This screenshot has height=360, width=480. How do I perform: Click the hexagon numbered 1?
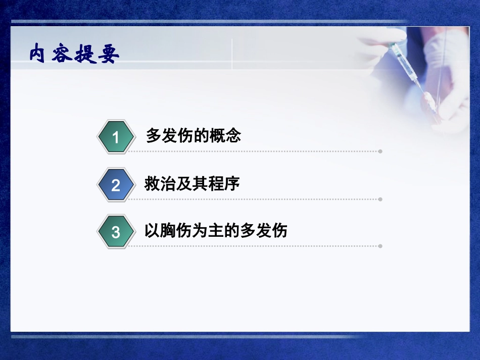pos(116,137)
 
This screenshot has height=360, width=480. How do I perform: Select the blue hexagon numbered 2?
pos(116,185)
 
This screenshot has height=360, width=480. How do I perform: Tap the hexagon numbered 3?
pos(116,232)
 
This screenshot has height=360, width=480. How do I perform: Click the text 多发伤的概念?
pos(193,135)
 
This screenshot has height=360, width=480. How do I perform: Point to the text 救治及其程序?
pos(192,183)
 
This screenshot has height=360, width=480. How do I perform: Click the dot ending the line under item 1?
pos(380,151)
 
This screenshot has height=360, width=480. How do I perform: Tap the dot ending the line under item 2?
pos(380,199)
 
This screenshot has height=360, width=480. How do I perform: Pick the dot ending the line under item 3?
pos(380,246)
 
